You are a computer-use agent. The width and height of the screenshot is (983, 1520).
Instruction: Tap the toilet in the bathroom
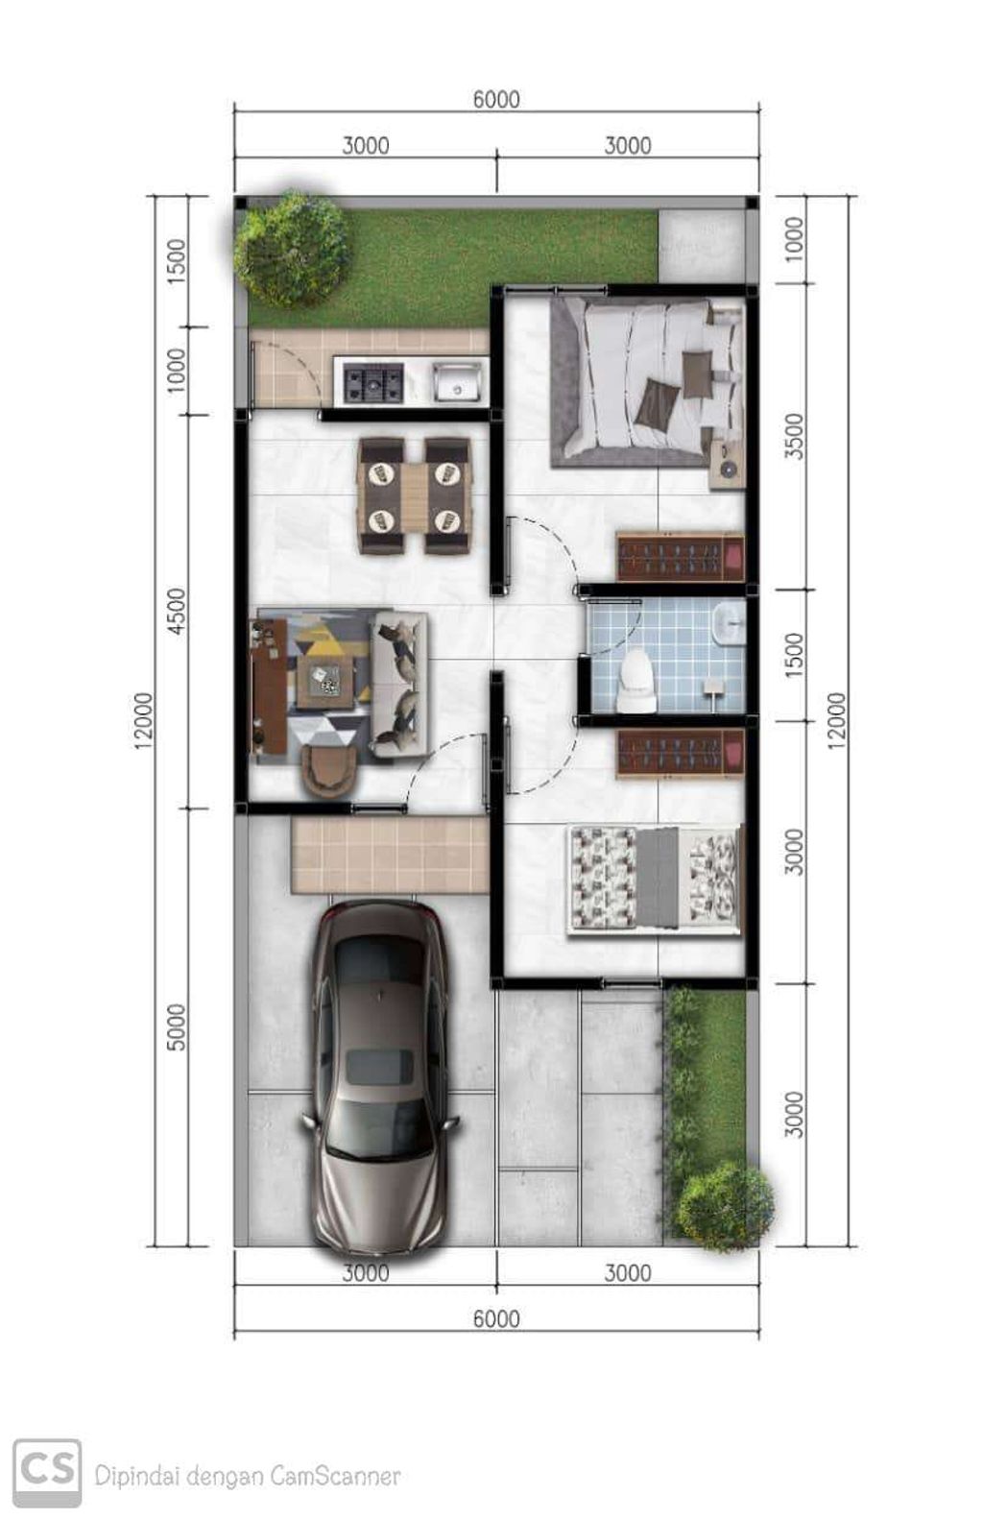point(636,681)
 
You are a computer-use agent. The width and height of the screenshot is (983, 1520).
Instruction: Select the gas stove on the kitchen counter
point(373,382)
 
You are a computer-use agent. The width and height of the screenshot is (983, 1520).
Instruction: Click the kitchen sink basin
point(458,380)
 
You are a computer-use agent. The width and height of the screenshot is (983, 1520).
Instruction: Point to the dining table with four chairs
point(414,496)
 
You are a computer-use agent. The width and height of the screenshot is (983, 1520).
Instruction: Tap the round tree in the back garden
point(291,249)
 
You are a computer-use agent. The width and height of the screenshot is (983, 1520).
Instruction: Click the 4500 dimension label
point(176,611)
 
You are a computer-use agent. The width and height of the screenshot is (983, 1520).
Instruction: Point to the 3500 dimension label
point(793,436)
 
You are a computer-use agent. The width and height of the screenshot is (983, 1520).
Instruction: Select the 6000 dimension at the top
point(496,99)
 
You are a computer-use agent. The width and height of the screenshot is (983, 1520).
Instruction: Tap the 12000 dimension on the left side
point(144,721)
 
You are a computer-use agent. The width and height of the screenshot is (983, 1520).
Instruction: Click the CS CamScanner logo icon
point(47,1473)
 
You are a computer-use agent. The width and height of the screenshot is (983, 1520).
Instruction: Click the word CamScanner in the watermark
point(335,1476)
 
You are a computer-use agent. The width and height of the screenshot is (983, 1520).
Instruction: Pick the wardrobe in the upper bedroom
point(680,557)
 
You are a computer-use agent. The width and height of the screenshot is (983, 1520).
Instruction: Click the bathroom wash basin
point(730,623)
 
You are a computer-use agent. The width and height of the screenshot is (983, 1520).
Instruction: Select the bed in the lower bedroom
point(656,878)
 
